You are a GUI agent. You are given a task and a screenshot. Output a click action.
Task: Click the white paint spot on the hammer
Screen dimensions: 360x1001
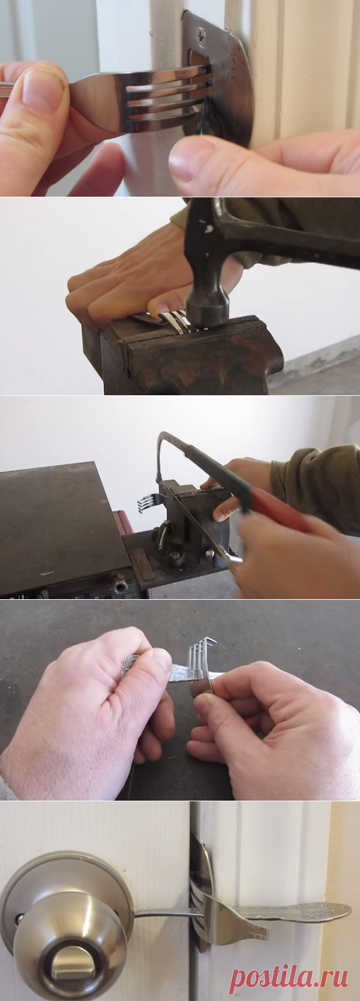tap(206, 229)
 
